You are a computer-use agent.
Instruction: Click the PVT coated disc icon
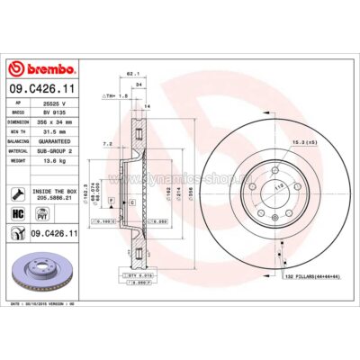tap(40, 212)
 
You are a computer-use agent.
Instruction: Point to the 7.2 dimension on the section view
tap(106, 143)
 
